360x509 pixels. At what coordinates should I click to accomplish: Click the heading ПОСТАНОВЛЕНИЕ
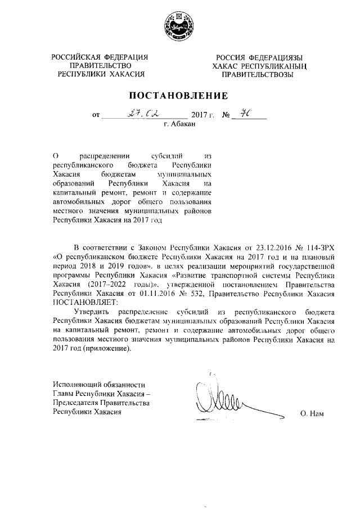179,95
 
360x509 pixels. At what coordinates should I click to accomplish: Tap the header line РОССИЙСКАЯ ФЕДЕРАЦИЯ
100,57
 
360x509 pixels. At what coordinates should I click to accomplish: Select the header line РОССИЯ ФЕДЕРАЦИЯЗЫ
259,57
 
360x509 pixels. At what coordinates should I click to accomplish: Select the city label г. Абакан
179,125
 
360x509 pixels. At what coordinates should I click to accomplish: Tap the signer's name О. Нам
313,413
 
